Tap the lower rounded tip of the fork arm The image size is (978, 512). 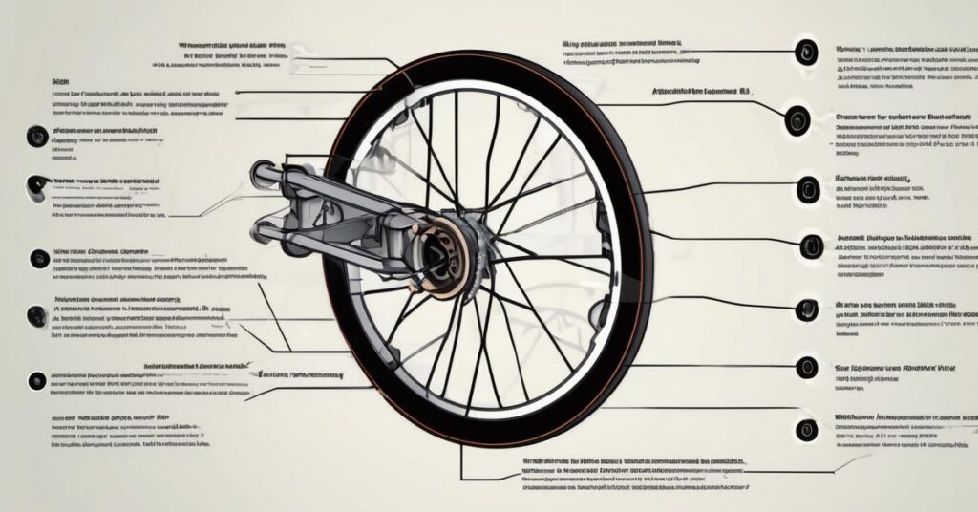click(x=260, y=232)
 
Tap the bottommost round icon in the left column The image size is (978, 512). click(x=37, y=379)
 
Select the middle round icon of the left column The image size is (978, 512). click(x=38, y=258)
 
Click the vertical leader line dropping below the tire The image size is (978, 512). click(x=461, y=463)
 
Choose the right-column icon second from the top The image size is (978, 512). click(x=797, y=120)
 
